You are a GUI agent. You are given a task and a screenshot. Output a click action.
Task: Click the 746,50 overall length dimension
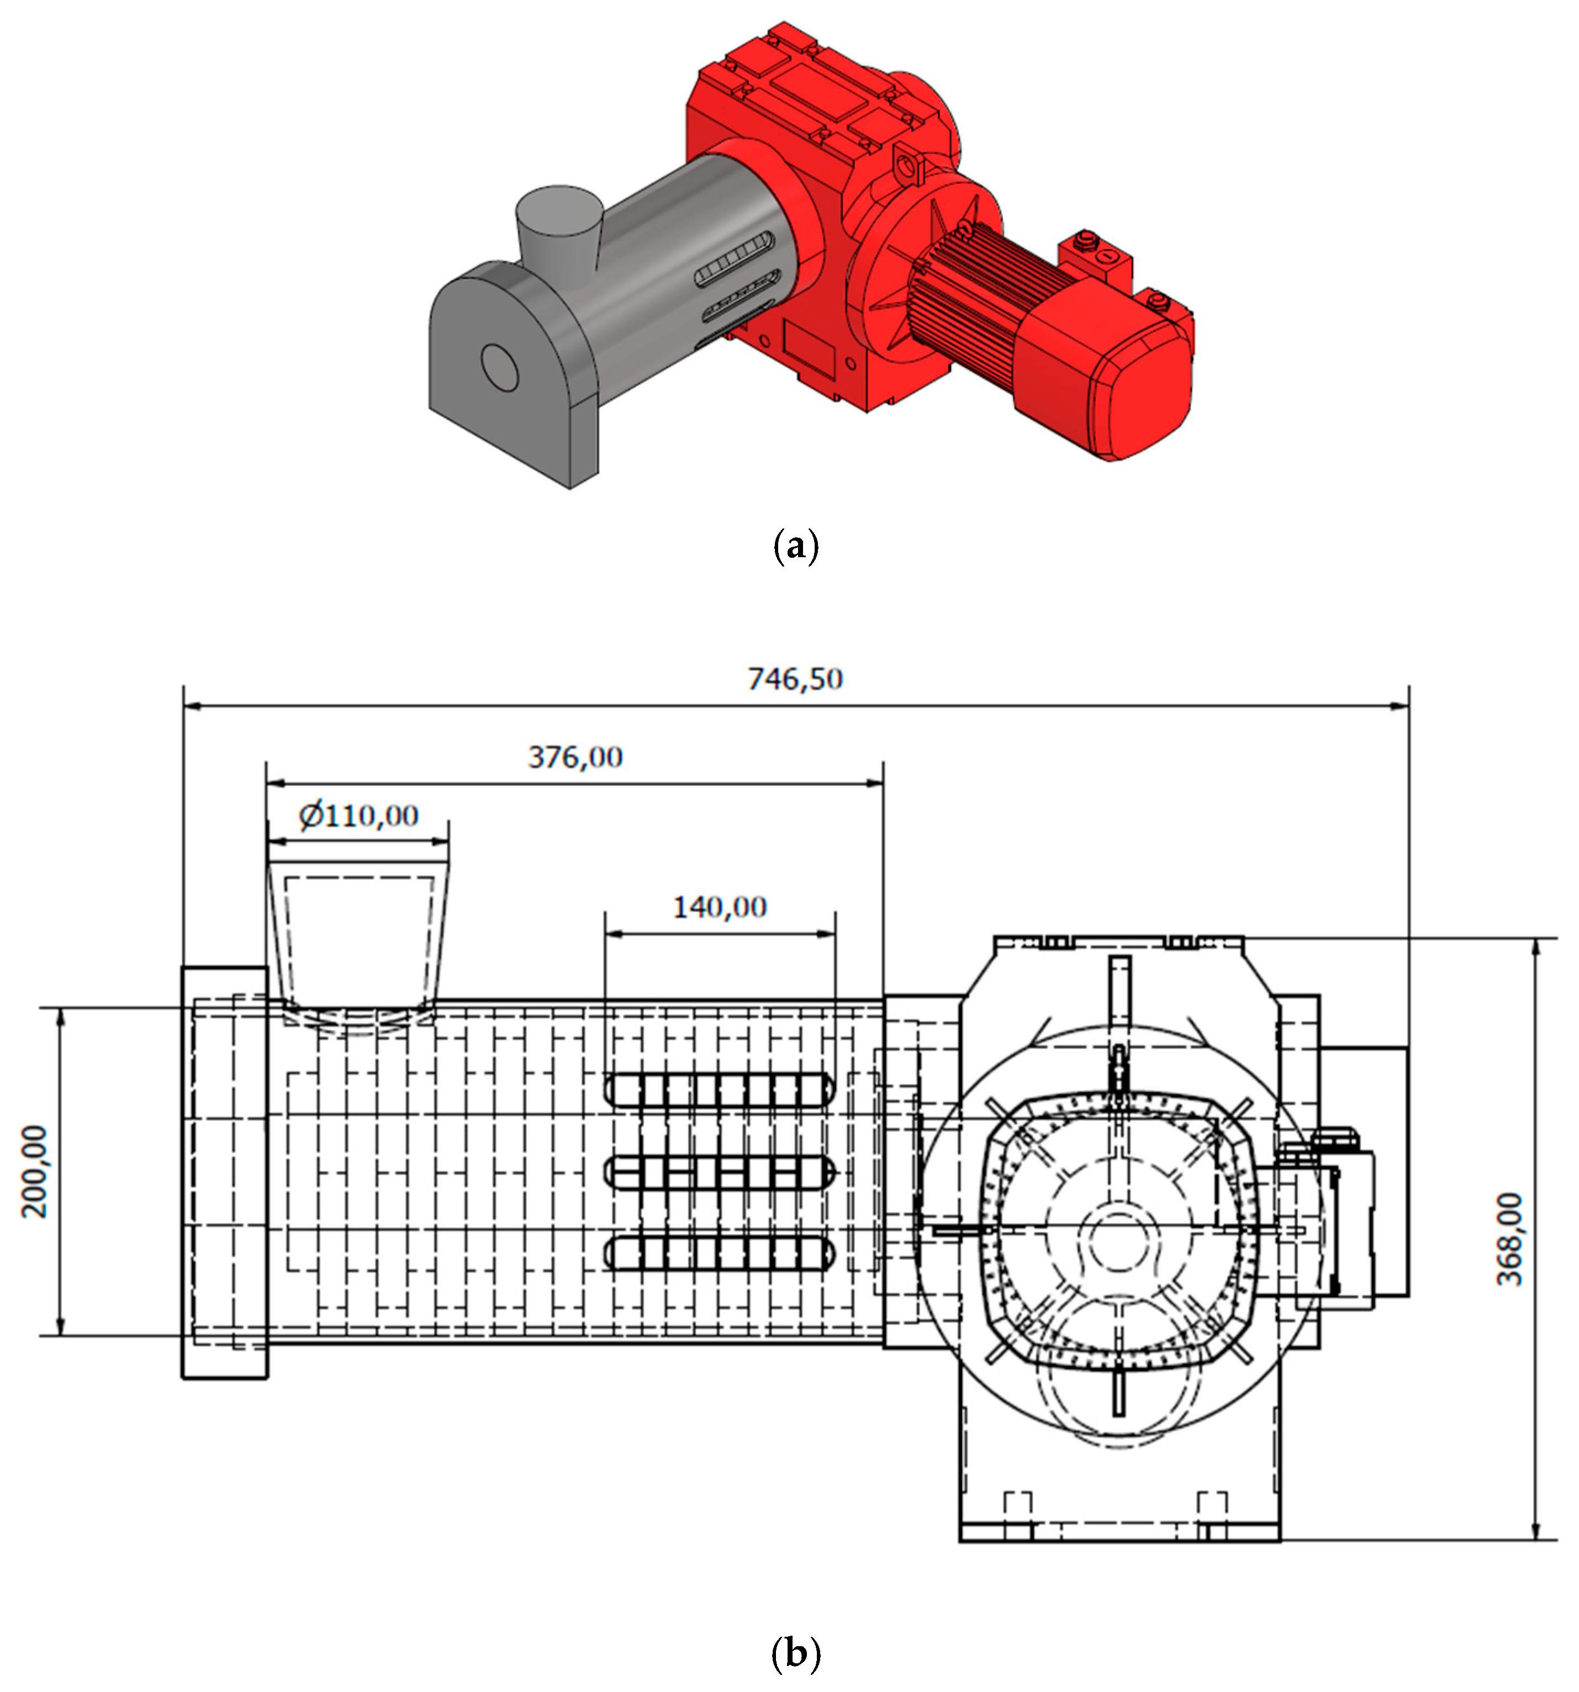coord(794,679)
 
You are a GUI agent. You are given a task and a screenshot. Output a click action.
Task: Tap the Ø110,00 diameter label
coord(358,816)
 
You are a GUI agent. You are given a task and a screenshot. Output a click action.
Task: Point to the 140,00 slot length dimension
coord(719,907)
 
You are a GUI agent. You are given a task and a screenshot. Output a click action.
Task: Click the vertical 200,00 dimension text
coord(35,1172)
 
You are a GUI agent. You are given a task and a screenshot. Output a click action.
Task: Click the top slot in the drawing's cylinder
coord(719,1090)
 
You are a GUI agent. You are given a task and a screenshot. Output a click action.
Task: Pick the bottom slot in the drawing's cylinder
coord(719,1253)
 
